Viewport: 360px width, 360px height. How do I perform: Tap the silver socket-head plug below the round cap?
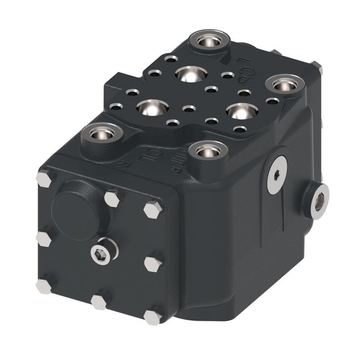(102, 253)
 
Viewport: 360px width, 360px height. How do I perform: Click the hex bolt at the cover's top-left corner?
(44, 178)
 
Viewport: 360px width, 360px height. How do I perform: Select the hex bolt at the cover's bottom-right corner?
(152, 317)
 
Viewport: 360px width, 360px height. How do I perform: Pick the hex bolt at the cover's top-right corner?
(152, 209)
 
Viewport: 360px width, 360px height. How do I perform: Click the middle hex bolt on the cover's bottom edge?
(99, 302)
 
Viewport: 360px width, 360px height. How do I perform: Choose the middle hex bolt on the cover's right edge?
(152, 263)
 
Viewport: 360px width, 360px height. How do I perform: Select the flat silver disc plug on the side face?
(277, 175)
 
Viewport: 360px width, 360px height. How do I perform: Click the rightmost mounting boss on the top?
(285, 84)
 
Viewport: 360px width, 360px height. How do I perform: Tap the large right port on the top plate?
(240, 111)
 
